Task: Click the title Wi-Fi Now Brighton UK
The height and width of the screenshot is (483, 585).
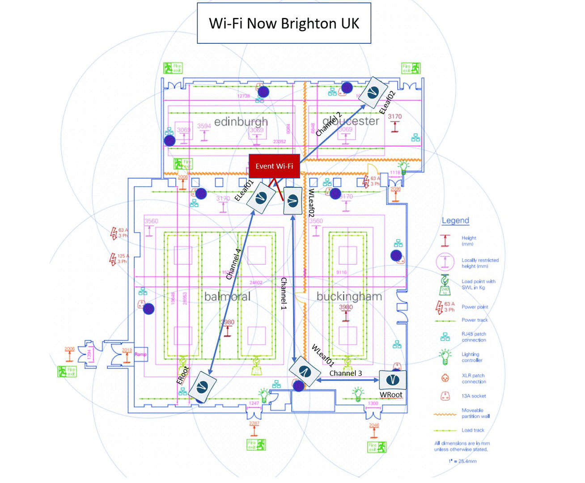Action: [284, 23]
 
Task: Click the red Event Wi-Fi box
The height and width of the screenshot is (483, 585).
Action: [274, 166]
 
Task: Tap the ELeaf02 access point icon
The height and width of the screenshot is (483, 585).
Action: [373, 93]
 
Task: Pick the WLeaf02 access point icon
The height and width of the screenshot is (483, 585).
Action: [293, 202]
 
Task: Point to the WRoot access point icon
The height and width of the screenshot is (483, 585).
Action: [393, 380]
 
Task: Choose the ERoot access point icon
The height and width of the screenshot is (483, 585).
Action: [202, 386]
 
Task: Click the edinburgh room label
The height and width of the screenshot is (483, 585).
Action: [241, 122]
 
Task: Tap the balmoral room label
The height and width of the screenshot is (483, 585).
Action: [227, 297]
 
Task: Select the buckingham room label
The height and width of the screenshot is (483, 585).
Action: [349, 296]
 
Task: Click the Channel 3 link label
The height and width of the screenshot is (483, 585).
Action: [346, 373]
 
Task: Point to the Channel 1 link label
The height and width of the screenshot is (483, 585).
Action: [283, 293]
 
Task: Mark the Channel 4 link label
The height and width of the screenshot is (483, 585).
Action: [233, 264]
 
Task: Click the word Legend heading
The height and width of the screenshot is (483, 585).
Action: [455, 220]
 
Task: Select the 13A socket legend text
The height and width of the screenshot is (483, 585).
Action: [474, 396]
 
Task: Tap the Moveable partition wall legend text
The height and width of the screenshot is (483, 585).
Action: [475, 413]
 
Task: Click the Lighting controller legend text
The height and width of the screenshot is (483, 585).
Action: [472, 357]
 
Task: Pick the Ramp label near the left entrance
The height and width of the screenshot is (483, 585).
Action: [140, 354]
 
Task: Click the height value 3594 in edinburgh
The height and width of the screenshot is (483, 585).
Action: [204, 126]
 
